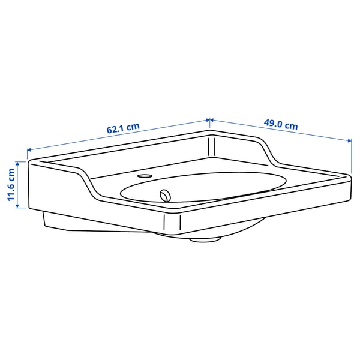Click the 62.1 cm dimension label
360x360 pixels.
click(x=123, y=127)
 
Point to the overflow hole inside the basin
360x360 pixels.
click(x=165, y=194)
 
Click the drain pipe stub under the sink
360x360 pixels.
click(x=205, y=239)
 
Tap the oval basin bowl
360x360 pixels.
click(x=204, y=186)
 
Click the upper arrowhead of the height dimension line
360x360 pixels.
click(x=20, y=161)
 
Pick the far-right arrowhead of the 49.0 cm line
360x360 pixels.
click(x=350, y=141)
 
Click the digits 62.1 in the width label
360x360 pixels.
click(x=115, y=128)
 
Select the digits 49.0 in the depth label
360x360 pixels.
click(x=273, y=124)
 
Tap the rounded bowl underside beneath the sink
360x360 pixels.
click(x=240, y=228)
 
